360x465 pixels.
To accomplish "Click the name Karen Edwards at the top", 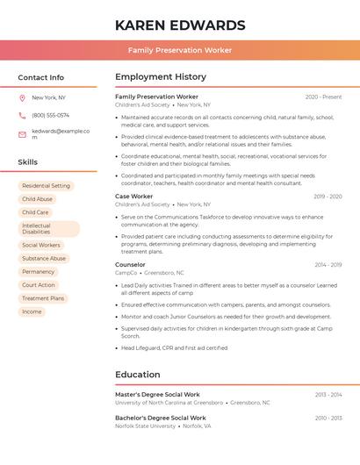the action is (x=179, y=25).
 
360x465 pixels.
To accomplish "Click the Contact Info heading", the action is (x=40, y=77).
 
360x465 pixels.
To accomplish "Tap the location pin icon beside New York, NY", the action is (x=22, y=97).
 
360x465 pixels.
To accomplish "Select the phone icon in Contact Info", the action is (x=22, y=115).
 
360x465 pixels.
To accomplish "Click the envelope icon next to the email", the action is (x=22, y=134).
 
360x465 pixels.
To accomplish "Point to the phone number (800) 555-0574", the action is (x=50, y=115).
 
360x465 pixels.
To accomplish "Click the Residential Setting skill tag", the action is (x=46, y=186).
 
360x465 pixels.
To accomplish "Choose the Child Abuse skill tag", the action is (x=37, y=199).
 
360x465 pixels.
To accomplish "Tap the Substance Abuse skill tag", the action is (x=44, y=259).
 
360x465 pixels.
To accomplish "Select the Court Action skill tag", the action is (x=39, y=285).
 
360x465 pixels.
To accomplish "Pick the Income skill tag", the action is (x=32, y=311).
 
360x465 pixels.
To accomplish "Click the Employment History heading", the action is (x=161, y=77).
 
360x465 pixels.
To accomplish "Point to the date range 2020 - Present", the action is (x=323, y=97).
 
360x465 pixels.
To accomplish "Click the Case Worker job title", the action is (x=133, y=197).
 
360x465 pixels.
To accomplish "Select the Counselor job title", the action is (x=130, y=264).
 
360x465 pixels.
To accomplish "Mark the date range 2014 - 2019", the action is (x=328, y=264).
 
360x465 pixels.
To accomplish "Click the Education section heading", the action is (x=137, y=375).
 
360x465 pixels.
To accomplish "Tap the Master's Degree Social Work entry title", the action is (x=157, y=395).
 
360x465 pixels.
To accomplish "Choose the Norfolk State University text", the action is (x=145, y=426).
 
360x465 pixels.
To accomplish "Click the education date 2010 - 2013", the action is (x=328, y=418).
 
